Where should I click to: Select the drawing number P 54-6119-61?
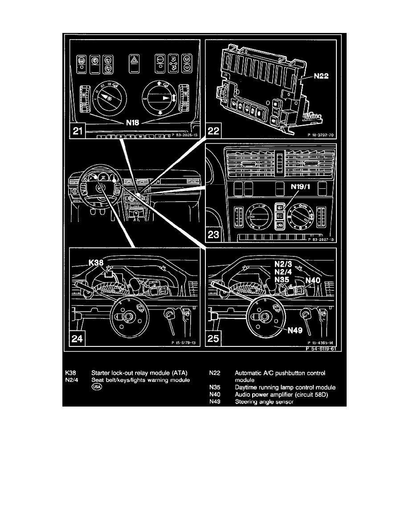click(x=320, y=350)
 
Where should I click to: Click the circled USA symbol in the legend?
click(x=97, y=387)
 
